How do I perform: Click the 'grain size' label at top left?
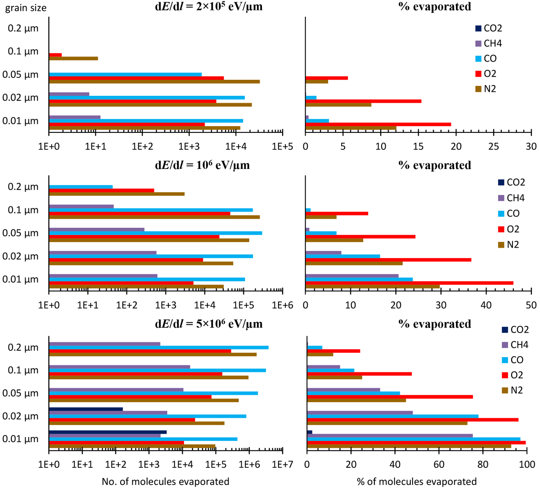click(x=26, y=8)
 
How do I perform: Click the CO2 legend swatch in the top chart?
click(x=478, y=28)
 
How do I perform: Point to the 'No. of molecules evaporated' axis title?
click(x=165, y=481)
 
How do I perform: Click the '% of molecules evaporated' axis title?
click(x=417, y=481)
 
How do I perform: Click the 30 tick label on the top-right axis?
click(x=531, y=146)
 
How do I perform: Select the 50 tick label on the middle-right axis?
click(x=531, y=305)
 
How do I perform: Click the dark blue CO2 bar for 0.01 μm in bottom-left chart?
click(x=108, y=432)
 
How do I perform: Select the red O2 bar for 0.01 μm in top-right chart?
click(x=378, y=124)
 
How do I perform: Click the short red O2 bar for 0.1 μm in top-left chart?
click(x=55, y=55)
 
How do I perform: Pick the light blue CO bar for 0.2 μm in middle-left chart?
click(x=81, y=186)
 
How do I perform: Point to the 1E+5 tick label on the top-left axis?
click(x=282, y=146)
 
